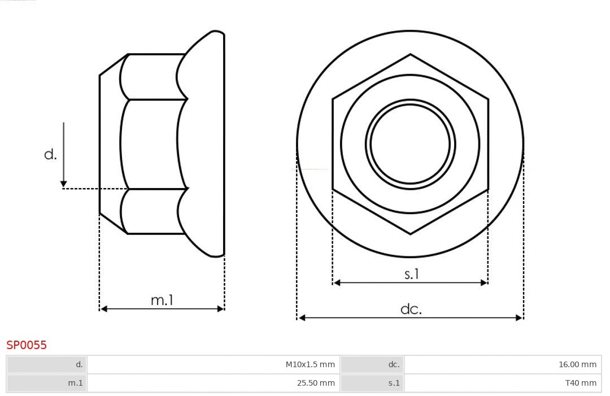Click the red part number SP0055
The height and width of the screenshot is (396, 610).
coord(27,345)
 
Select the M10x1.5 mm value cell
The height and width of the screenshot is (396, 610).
coord(213,365)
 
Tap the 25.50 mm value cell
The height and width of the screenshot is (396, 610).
coord(213,383)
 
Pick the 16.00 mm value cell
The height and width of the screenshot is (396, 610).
coord(503,365)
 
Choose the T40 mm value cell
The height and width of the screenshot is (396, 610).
coord(503,383)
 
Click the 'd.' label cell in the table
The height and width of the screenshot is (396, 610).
coord(47,365)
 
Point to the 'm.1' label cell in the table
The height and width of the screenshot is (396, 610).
coord(47,383)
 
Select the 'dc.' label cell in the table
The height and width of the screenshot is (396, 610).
coord(372,365)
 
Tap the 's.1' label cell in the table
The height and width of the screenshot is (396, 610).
coord(372,383)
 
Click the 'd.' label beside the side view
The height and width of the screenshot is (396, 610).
coord(51,154)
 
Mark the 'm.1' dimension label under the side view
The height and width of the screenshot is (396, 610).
coord(162,300)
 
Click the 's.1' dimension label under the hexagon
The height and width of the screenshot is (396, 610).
coord(412,274)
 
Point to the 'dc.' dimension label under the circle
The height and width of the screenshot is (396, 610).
coord(411,309)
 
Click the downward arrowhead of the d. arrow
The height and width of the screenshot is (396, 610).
coord(64,184)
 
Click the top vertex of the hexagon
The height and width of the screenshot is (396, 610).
coord(410,55)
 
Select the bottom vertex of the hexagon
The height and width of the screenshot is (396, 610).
coord(410,233)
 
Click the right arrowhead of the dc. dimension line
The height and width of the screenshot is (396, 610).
coord(519,318)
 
